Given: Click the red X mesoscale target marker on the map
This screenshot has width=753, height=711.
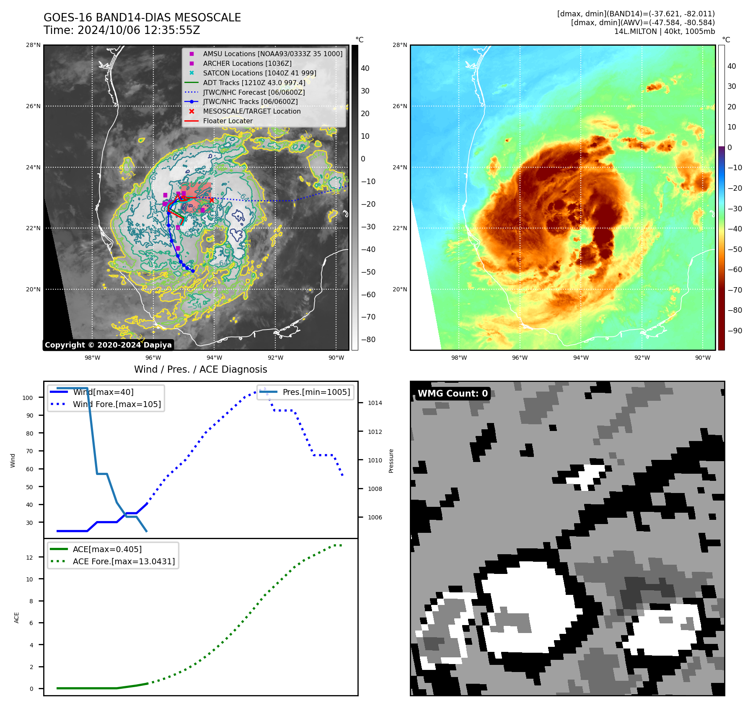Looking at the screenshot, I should click(212, 200).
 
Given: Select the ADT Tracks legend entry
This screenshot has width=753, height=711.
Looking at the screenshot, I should click(254, 83).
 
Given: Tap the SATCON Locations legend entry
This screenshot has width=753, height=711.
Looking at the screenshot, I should click(259, 73).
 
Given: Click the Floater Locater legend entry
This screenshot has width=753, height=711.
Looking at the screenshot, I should click(228, 121).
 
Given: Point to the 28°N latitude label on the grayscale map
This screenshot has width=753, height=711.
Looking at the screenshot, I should click(34, 45).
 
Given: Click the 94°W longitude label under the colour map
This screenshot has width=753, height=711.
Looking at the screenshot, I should click(581, 358).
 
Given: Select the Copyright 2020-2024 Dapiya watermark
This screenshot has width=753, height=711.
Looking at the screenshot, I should click(108, 345).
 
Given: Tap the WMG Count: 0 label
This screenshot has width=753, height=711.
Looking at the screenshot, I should click(453, 393).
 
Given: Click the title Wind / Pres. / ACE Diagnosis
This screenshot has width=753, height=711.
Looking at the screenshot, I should click(200, 369).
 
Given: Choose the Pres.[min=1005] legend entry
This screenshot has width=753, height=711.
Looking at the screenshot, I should click(316, 392).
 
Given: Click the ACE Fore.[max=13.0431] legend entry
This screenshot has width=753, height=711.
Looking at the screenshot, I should click(124, 561).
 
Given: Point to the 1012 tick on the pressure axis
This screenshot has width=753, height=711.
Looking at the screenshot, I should click(375, 432).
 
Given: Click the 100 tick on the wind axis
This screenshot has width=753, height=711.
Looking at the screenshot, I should click(28, 398).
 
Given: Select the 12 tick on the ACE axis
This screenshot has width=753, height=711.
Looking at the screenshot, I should click(30, 558).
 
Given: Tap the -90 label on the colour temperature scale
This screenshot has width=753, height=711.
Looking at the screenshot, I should click(735, 330).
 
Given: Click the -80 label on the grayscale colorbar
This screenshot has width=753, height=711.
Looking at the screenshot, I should click(368, 340).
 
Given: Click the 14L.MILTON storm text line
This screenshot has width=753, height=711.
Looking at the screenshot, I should click(664, 31).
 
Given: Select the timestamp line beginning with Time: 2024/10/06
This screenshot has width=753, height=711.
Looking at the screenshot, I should click(122, 30).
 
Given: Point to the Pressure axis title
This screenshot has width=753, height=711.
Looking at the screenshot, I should click(391, 461).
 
